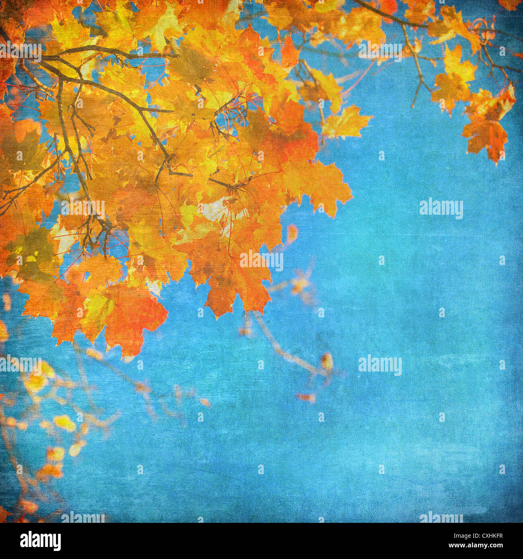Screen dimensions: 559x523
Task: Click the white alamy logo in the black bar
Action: coord(40,541)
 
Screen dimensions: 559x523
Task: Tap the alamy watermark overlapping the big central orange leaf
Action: coord(261,260)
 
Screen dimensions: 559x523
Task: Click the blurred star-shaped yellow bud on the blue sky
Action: coord(300,284)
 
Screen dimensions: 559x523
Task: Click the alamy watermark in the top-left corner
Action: coord(20,51)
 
